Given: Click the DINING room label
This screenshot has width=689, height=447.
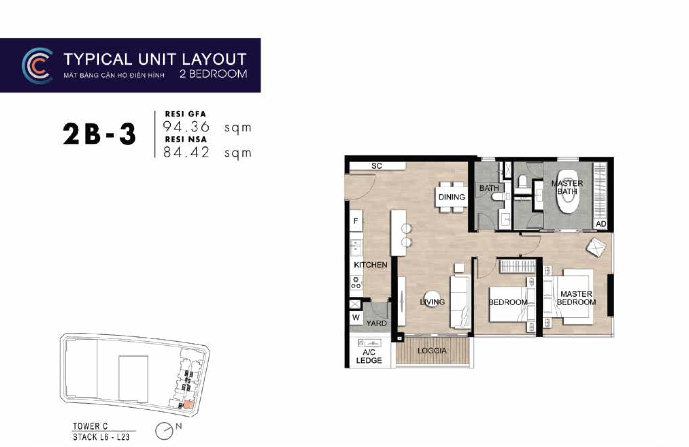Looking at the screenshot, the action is click(451, 197).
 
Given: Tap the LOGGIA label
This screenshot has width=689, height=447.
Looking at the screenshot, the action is click(432, 351).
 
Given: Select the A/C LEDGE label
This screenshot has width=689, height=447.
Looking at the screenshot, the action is click(369, 356).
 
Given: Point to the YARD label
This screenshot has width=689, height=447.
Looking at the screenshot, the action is click(376, 323).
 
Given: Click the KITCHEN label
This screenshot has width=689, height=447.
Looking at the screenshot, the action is click(370, 265).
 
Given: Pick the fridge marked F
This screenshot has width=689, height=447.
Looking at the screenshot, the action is click(356, 221).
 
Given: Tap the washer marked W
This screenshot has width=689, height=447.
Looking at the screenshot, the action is click(356, 318).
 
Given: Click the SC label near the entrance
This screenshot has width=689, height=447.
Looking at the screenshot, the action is click(376, 166).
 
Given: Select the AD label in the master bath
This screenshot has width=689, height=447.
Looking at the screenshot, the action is click(601, 224).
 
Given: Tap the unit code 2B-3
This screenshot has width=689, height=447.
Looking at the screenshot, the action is click(99, 134).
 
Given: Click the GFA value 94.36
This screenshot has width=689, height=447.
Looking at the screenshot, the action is click(186, 127).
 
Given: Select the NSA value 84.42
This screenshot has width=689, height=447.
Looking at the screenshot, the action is click(186, 152).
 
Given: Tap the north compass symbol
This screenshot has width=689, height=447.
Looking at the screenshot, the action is click(164, 431).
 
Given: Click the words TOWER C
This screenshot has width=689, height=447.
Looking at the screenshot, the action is click(90, 426).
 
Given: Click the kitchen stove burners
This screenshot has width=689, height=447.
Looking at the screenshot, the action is click(356, 282).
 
